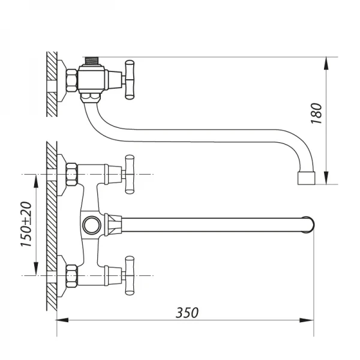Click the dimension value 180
coord(317,113)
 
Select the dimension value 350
coord(187,313)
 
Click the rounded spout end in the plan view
coord(308,225)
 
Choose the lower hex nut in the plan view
coord(71,275)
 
